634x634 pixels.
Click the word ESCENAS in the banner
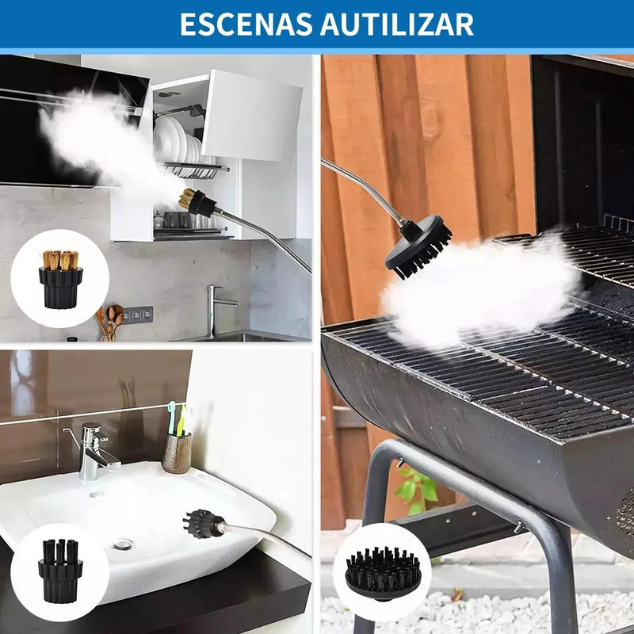(x=246, y=25)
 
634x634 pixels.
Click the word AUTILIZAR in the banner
(x=397, y=25)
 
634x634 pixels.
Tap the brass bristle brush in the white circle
(x=61, y=280)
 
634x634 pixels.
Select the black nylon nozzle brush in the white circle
(x=60, y=571)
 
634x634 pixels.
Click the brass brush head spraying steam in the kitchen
(x=198, y=202)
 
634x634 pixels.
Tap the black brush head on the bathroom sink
(x=203, y=524)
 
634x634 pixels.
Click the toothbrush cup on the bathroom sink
(x=177, y=453)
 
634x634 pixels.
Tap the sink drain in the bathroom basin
(x=122, y=544)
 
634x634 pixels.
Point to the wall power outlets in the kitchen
(x=138, y=315)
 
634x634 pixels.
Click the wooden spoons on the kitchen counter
(x=109, y=323)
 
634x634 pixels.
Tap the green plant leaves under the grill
(x=417, y=490)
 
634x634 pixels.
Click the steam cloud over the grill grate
(x=480, y=289)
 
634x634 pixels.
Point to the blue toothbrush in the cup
(x=172, y=418)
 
